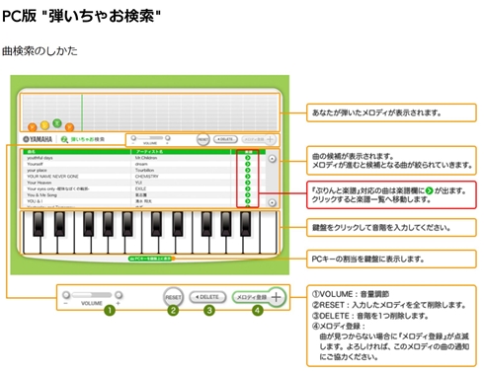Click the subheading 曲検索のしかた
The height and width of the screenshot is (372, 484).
pos(40,49)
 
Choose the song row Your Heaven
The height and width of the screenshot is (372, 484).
pos(40,183)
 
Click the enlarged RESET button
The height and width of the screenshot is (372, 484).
pos(173,295)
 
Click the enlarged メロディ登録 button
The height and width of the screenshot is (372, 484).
pos(260,295)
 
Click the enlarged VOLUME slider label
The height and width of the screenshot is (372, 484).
pos(90,305)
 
